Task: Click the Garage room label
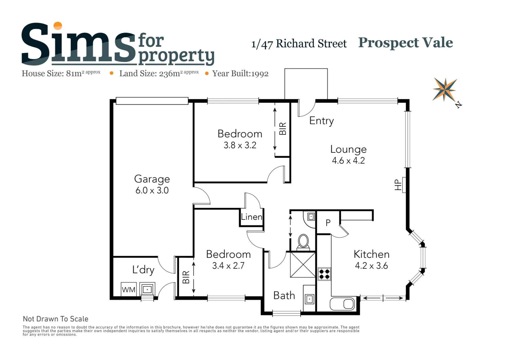[x=152, y=179]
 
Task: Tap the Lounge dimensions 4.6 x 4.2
[x=348, y=161]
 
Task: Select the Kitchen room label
[x=372, y=254]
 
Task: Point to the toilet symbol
[x=303, y=242]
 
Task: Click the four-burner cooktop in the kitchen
[x=324, y=274]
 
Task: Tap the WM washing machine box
[x=129, y=289]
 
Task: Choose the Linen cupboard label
[x=252, y=217]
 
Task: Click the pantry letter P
[x=328, y=223]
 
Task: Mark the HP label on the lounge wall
[x=398, y=185]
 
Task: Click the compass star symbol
[x=445, y=89]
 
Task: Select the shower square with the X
[x=303, y=265]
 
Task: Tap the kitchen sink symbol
[x=342, y=304]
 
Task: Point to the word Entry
[x=322, y=121]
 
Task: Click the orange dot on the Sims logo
[x=58, y=26]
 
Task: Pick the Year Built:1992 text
[x=240, y=74]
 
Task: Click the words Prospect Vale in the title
[x=406, y=43]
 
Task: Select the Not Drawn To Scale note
[x=56, y=319]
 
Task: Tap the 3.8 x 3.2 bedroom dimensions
[x=240, y=145]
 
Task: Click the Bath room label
[x=284, y=296]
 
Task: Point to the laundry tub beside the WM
[x=147, y=289]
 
